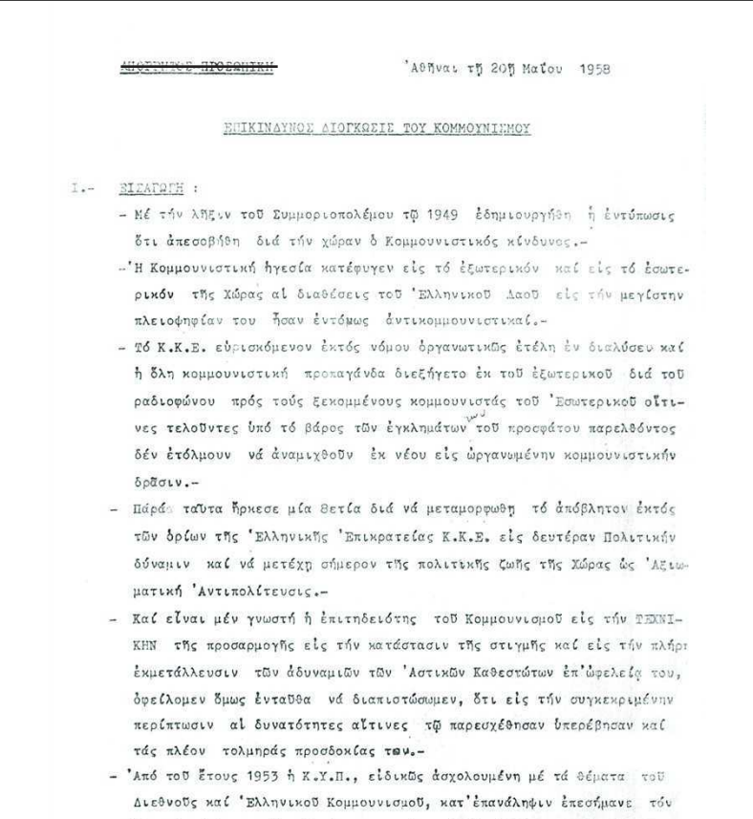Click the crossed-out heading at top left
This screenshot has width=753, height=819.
(197, 66)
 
